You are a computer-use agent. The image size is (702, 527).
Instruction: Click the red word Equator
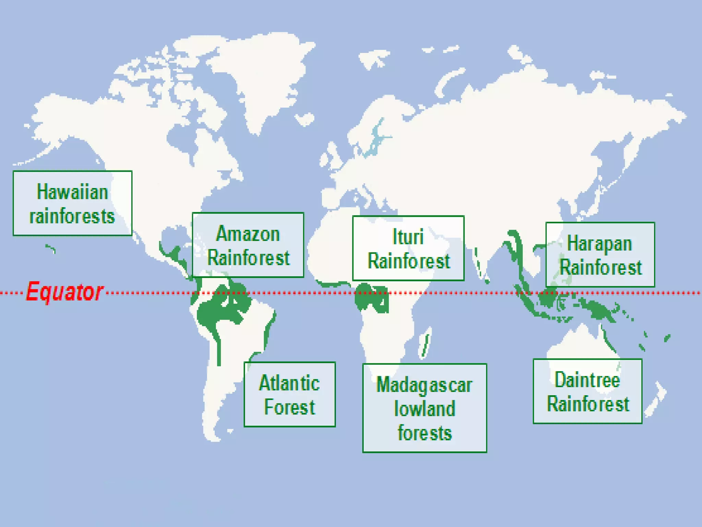coord(64,292)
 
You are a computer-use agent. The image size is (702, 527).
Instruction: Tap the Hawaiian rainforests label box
coord(72,203)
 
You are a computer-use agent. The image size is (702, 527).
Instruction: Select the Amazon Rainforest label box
coord(248,245)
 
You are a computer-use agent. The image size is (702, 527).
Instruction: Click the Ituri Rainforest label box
coord(408,248)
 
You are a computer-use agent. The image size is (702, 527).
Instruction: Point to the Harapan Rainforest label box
coord(600,254)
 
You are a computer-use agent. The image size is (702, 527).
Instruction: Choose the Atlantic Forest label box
coord(289,394)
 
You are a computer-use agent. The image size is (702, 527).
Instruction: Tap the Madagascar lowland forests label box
coord(424,408)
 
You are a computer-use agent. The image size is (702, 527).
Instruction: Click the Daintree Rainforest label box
coord(587,391)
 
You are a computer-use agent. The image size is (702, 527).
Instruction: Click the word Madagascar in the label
coord(424,385)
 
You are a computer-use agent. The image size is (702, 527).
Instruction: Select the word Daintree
coord(587,379)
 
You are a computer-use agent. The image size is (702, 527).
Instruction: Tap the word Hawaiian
coord(72,191)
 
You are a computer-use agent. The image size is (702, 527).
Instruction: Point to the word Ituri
coord(408,237)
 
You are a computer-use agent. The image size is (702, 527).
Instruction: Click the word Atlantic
coord(289,383)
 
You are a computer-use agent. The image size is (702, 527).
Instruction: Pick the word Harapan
coord(600,243)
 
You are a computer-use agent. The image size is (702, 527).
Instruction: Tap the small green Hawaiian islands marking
coord(51,248)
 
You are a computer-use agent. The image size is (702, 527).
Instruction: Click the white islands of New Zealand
coord(656,400)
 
